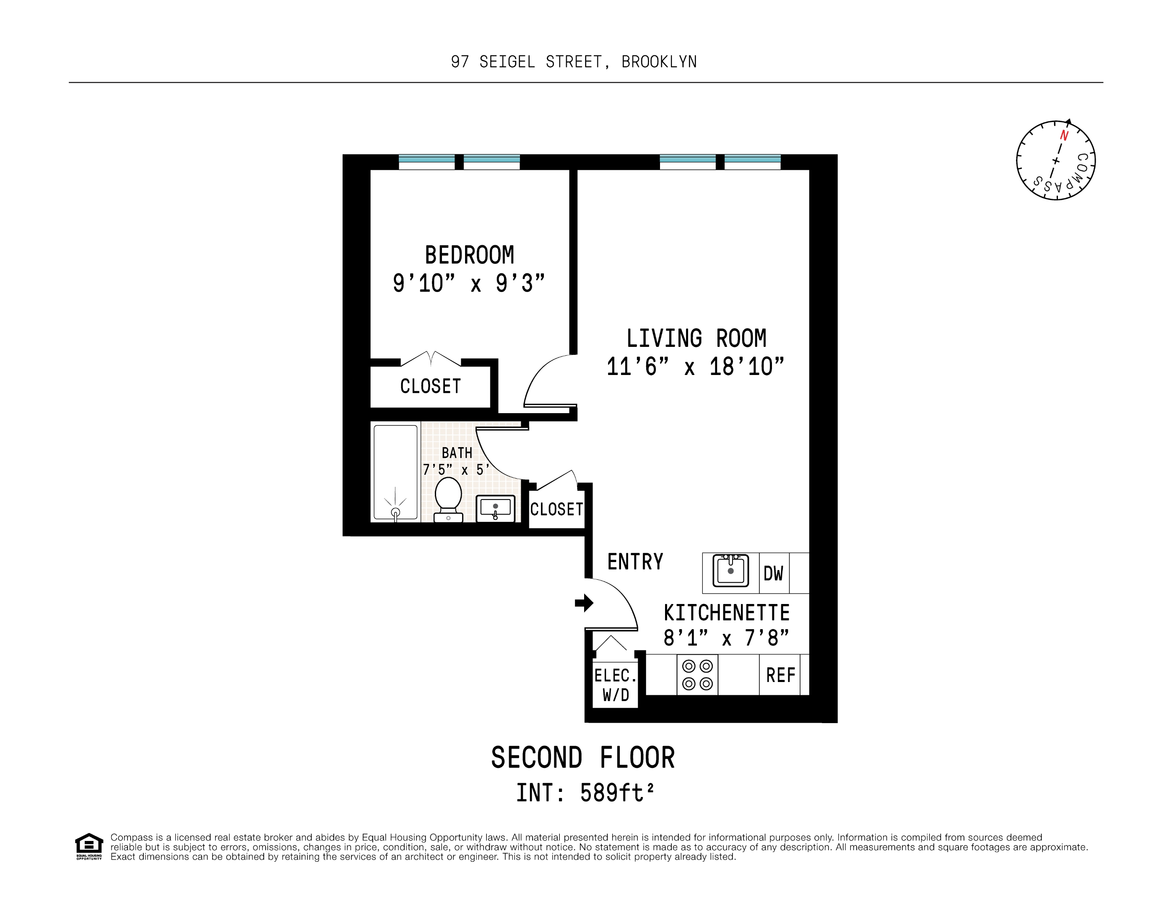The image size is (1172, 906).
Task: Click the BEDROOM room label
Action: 469,255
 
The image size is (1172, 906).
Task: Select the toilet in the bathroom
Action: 448,499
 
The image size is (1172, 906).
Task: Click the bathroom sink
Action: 495,508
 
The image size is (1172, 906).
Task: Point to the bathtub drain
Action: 395,513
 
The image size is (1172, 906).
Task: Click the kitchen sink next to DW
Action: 730,570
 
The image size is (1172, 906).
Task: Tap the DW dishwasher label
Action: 773,574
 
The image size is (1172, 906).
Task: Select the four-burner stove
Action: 697,674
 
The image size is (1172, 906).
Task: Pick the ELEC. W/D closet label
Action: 616,685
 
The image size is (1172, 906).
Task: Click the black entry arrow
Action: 584,603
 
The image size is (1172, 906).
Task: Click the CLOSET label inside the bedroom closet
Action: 430,386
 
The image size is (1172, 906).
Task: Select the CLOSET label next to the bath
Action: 556,509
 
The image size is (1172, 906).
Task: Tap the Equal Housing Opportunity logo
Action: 88,846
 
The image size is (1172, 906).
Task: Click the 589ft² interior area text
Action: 616,793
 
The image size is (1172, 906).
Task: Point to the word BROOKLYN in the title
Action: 659,62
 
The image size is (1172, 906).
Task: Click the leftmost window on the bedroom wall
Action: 426,161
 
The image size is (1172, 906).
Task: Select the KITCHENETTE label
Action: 726,612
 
